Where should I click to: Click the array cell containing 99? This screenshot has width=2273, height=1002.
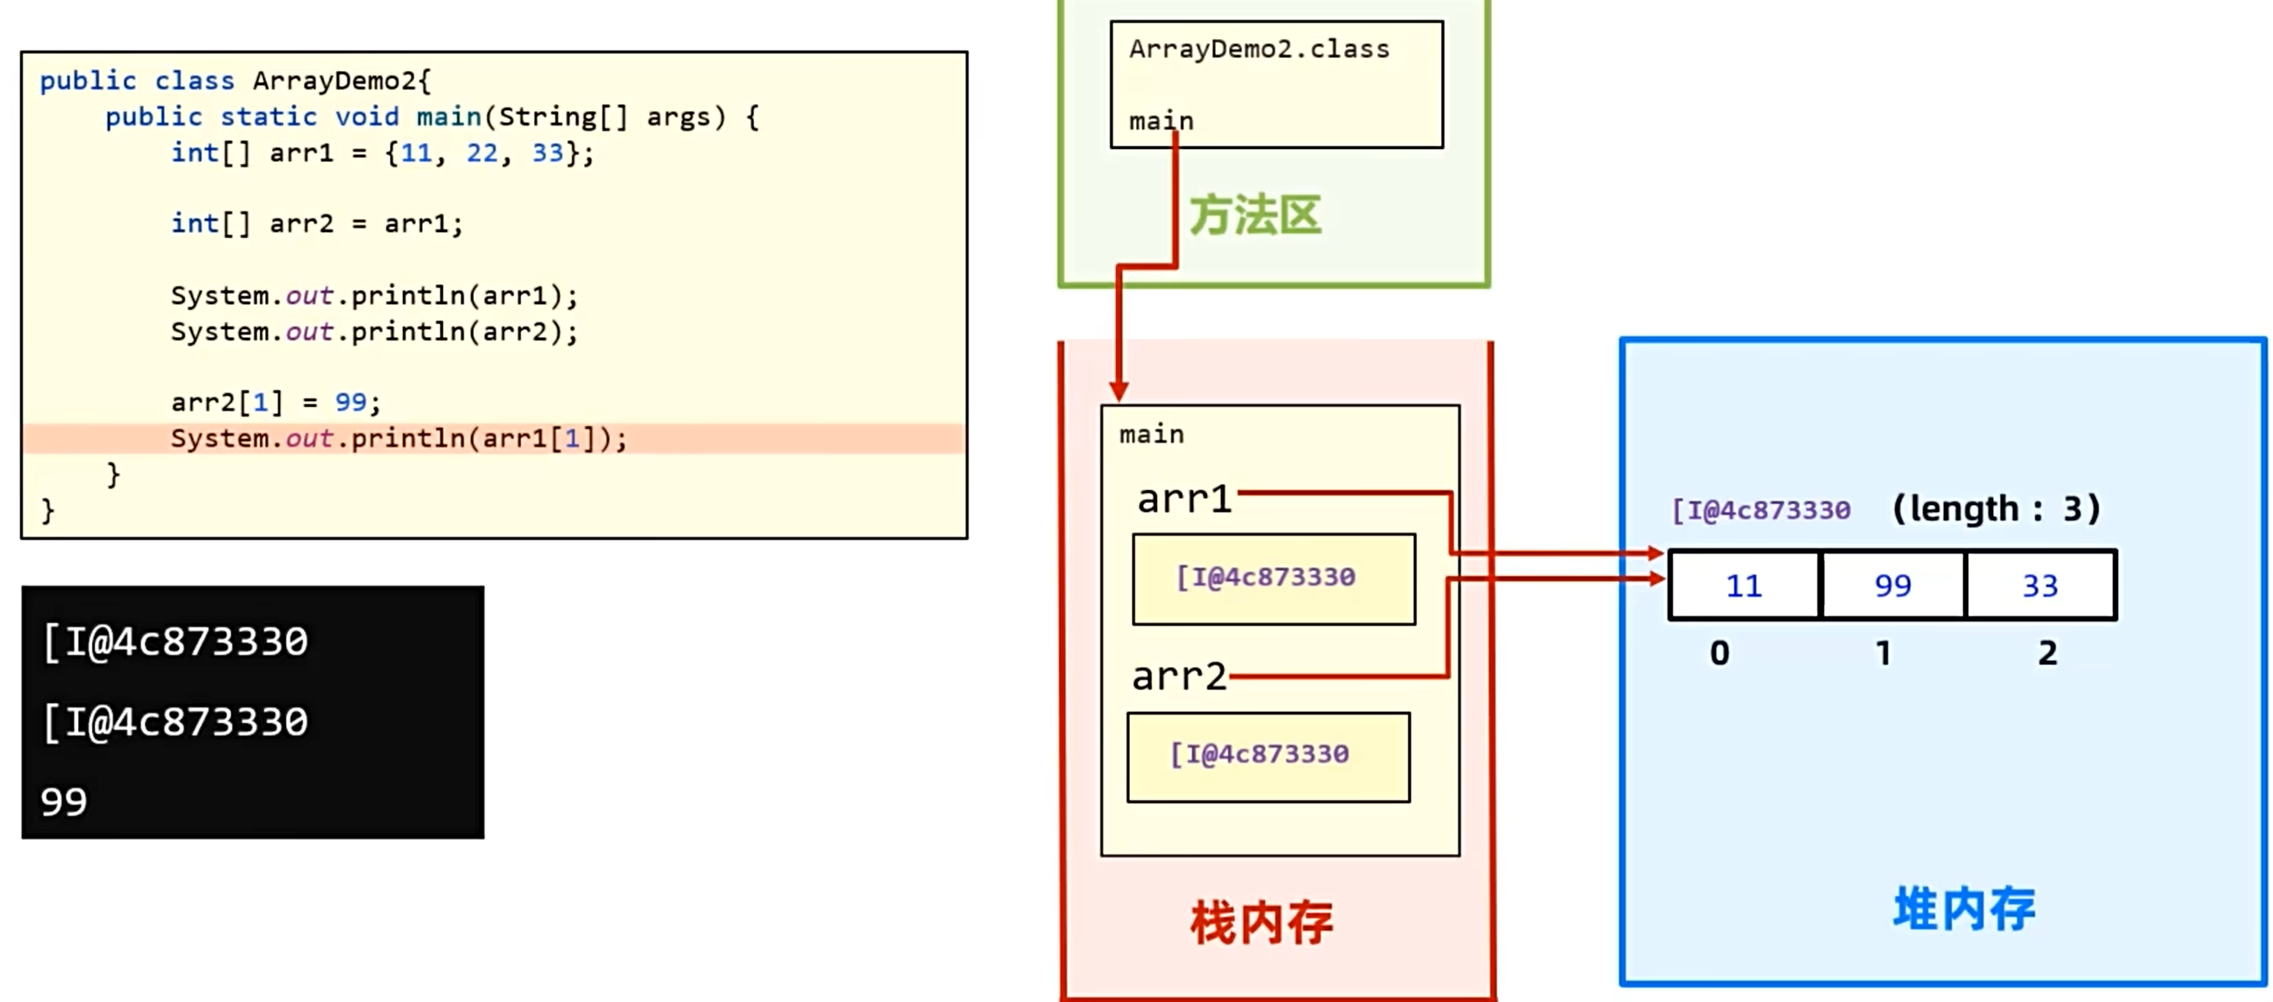1893,585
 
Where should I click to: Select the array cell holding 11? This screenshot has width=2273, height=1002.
1744,585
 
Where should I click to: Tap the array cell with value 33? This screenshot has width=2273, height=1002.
2040,585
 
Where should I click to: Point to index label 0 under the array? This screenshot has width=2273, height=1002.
1720,654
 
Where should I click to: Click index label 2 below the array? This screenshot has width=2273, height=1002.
2047,654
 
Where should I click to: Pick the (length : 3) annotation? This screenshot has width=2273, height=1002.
1996,509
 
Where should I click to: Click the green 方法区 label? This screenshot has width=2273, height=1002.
1255,217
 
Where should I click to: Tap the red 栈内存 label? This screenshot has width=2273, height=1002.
1261,923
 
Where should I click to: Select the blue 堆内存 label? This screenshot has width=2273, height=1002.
1965,909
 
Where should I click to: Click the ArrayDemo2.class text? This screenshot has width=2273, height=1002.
1259,49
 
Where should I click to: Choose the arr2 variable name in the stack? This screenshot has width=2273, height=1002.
1179,677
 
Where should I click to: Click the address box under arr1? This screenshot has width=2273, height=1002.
1273,579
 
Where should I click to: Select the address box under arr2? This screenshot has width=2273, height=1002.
1268,757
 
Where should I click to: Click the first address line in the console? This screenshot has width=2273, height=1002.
176,642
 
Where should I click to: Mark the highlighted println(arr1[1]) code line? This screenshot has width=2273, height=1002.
399,438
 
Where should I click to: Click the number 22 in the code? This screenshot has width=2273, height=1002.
482,153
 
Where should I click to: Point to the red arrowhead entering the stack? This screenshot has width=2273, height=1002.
1119,390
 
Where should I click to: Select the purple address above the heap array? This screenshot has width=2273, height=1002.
1761,510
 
